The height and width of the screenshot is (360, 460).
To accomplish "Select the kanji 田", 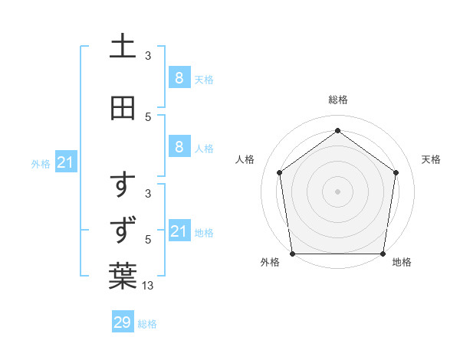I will pos(123,109).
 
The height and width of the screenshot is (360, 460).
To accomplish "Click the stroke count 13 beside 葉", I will pos(148,286).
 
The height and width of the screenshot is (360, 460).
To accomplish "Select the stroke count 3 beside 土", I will pos(148,56).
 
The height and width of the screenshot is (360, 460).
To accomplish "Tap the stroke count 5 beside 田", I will pos(148,117).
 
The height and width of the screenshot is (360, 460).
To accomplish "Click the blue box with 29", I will pos(123,322).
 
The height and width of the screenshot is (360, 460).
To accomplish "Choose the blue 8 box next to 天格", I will pos(179,77).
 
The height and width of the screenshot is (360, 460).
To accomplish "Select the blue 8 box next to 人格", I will pos(179,147).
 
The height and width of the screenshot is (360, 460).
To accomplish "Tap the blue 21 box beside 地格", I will pos(179,231).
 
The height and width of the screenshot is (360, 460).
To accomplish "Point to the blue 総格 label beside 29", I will pos(147,324).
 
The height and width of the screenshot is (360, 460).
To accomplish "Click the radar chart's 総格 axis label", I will pos(337,100).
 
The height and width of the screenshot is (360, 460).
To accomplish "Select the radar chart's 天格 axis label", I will pos(431,159).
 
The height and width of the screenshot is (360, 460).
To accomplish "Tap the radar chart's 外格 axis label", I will pos(270,262).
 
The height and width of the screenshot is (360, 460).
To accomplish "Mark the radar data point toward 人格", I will pos(280,172).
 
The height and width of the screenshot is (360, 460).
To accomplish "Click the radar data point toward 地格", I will pos(383,254).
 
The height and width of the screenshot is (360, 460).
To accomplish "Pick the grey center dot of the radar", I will pos(337,191).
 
